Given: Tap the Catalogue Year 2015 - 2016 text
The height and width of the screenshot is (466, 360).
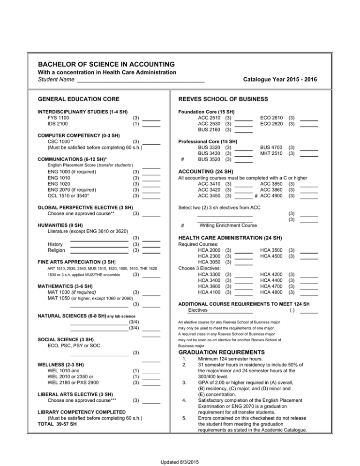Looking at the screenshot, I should coord(280,80).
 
